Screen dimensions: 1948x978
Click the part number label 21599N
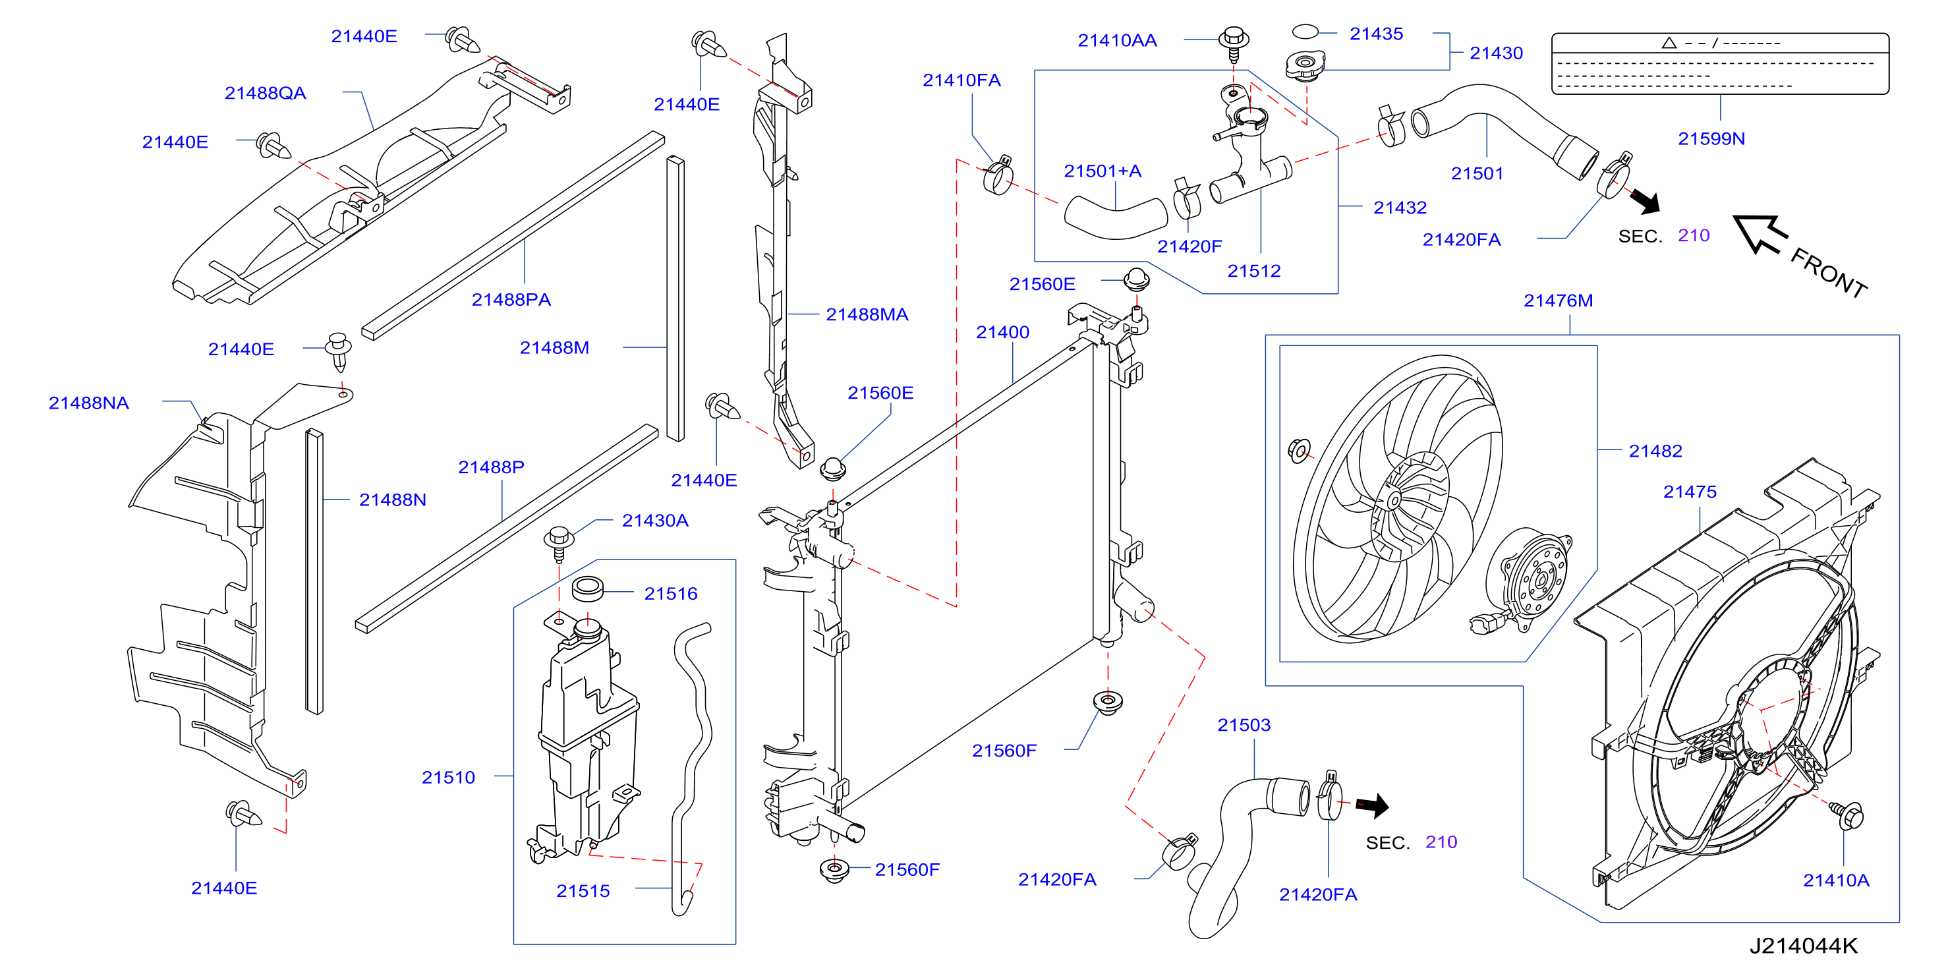point(1711,138)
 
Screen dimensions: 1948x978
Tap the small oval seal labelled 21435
point(1305,32)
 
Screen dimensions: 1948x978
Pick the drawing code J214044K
point(1804,946)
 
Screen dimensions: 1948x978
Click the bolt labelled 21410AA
point(1234,44)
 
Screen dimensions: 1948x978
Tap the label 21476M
point(1558,301)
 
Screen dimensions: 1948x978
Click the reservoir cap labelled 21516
point(588,588)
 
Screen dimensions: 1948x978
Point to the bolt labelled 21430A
point(559,543)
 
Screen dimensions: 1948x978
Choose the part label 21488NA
point(88,403)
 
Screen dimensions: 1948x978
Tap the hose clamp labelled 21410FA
point(998,175)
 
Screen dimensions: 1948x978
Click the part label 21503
point(1244,725)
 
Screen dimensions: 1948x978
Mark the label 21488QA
point(265,93)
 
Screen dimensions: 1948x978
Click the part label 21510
point(447,778)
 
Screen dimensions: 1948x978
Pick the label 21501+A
point(1103,171)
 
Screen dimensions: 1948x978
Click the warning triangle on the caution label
point(1669,43)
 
